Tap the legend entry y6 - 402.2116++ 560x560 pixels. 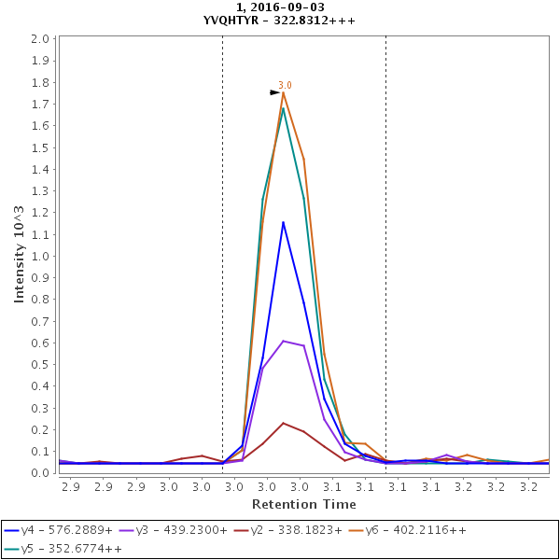coord(415,530)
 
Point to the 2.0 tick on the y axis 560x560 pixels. coord(39,39)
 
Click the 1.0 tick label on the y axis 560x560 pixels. coord(39,257)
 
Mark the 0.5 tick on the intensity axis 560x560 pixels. coord(39,365)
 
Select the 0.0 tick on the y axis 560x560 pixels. coord(39,473)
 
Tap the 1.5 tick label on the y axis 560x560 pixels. coord(39,147)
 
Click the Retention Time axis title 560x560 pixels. coord(302,504)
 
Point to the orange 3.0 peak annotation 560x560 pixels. coord(285,86)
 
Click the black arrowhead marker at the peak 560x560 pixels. coord(275,92)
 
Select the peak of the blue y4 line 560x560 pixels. coord(283,222)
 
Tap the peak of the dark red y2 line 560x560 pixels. coord(283,423)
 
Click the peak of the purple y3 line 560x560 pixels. coord(283,341)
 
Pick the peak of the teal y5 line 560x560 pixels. coord(283,108)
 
